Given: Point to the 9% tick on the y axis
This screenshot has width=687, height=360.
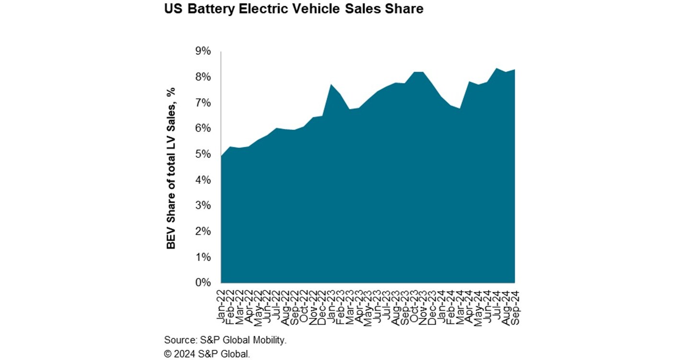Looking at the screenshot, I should tap(202, 51).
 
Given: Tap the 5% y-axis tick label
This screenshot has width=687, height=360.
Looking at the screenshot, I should tap(202, 154).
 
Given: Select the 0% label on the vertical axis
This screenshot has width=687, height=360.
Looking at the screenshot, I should tap(202, 283).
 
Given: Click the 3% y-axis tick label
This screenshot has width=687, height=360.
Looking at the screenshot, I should tap(202, 205).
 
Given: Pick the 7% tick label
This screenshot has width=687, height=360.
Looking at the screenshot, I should tap(202, 103).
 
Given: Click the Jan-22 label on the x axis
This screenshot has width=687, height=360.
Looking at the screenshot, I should tap(221, 305).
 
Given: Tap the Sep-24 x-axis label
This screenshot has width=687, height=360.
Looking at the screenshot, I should tap(514, 305).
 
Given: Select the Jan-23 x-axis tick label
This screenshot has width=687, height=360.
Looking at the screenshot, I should tap(331, 305).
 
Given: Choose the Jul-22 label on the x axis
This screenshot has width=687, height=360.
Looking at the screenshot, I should tap(276, 305).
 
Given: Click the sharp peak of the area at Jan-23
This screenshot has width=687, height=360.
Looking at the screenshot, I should tap(331, 84).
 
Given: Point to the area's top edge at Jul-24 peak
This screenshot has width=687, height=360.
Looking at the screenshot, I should tap(496, 68).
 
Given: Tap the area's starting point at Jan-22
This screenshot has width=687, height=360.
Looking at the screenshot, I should tap(221, 156).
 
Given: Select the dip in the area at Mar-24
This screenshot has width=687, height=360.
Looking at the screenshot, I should tap(459, 108).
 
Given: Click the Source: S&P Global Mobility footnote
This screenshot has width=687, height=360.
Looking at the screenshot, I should tap(225, 340).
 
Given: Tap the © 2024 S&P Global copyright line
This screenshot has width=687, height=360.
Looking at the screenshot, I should tap(207, 354).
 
